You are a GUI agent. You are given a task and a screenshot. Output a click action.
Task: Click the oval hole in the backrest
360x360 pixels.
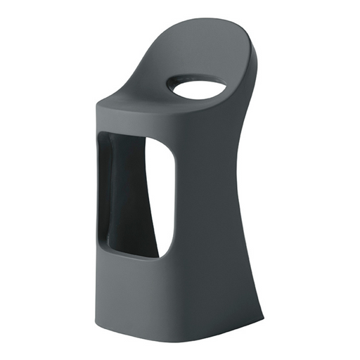pyautogui.click(x=196, y=89)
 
